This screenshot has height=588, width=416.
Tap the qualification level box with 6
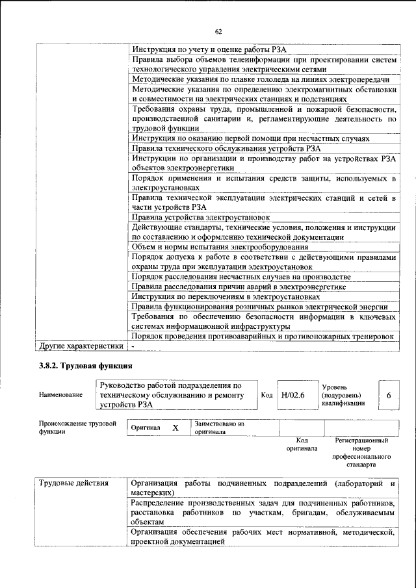[388, 395]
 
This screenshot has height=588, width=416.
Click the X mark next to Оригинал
[175, 428]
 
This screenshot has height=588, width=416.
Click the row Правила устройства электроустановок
[200, 217]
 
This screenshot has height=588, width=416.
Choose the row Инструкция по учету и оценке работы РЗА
[213, 49]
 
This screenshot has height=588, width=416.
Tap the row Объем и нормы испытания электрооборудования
[220, 246]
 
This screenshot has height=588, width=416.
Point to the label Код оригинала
[302, 444]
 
